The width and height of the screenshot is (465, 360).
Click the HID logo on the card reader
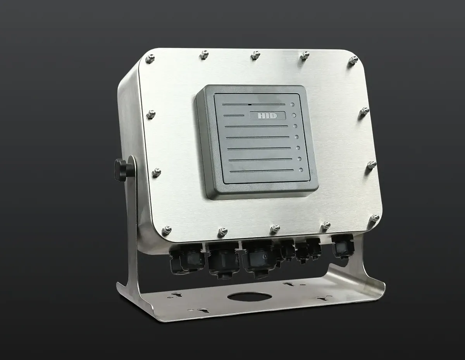point(267,116)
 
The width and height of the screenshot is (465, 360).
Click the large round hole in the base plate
point(250,297)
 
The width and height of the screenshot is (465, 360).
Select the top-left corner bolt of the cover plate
point(150,58)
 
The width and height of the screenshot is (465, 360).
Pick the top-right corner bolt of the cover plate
point(353,60)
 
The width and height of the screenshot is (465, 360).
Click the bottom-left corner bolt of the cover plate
point(167,230)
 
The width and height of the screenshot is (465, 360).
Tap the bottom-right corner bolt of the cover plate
point(375,218)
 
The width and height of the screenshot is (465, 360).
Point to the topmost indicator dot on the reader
point(292,105)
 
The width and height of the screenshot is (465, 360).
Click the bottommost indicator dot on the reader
point(301,170)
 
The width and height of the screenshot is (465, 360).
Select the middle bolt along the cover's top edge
point(255,55)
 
